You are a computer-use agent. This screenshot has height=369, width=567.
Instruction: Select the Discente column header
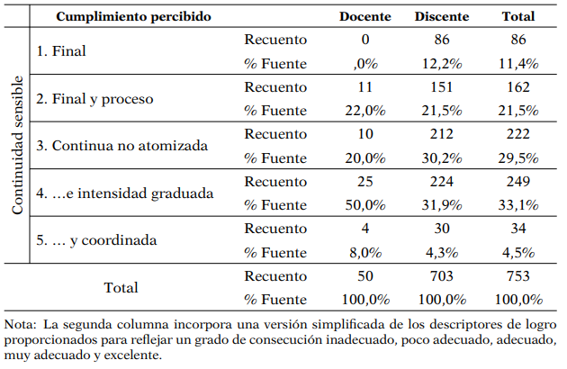(x=441, y=16)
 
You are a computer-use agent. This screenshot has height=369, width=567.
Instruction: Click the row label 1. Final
(x=62, y=51)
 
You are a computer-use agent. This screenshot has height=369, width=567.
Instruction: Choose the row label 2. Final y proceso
(x=94, y=98)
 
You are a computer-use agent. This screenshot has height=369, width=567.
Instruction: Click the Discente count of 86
(x=441, y=40)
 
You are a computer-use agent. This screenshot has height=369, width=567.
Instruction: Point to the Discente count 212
(x=441, y=133)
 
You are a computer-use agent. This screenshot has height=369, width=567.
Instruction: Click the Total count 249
(x=518, y=181)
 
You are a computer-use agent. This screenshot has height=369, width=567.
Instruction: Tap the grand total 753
(x=518, y=275)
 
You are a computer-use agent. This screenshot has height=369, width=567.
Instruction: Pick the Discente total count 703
(x=441, y=275)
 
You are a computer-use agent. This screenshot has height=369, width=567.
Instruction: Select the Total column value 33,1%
(x=518, y=204)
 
